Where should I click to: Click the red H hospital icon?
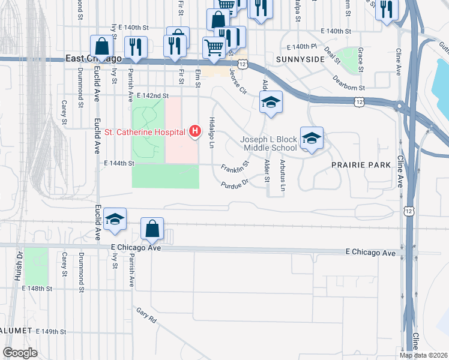click(x=194, y=130)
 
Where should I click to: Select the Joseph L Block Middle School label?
click(x=268, y=143)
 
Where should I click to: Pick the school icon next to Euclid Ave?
click(x=115, y=220)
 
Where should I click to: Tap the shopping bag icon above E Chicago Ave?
click(x=152, y=229)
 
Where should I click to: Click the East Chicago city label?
click(x=93, y=58)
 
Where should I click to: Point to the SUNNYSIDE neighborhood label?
click(x=300, y=59)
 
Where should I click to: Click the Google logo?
click(x=20, y=352)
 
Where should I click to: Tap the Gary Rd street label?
click(x=146, y=315)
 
